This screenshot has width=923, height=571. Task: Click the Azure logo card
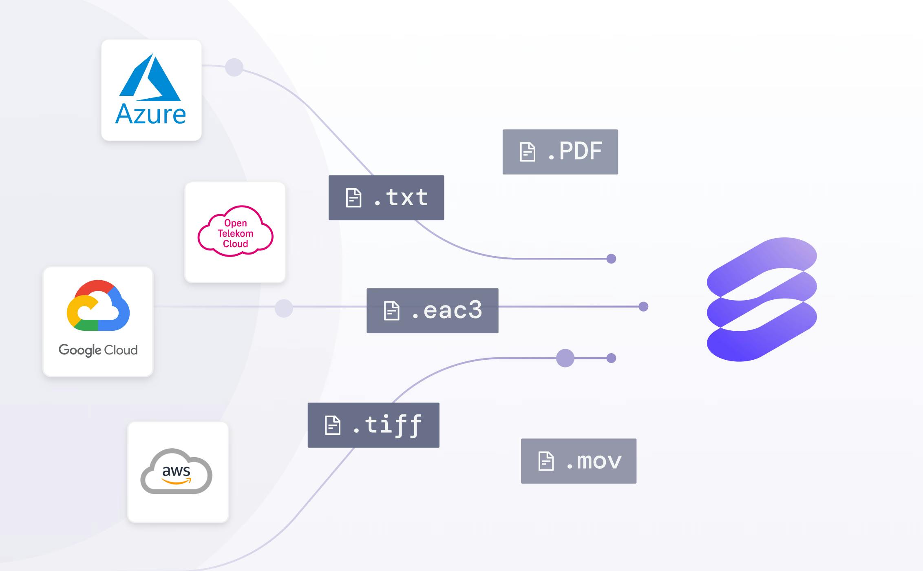[151, 90]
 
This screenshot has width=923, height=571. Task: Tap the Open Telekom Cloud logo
[235, 232]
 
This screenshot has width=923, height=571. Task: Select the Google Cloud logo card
[98, 321]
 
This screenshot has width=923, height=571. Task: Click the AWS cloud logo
[177, 471]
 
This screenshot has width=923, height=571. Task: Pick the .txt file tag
[386, 198]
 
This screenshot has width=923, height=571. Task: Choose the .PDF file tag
[560, 152]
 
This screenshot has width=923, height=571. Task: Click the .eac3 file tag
[432, 311]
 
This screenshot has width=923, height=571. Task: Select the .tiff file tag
[373, 425]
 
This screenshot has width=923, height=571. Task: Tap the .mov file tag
[578, 461]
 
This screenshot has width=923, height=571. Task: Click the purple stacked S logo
[762, 299]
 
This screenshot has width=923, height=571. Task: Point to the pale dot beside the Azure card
[234, 67]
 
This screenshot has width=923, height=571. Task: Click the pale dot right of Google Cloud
[284, 308]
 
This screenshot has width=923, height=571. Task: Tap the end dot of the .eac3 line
[643, 306]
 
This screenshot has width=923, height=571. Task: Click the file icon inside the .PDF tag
[528, 152]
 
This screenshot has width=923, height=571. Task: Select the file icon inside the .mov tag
[546, 461]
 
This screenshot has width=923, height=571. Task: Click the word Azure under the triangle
[151, 114]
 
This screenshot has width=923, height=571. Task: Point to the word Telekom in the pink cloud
[235, 233]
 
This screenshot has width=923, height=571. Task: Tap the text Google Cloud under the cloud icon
[98, 350]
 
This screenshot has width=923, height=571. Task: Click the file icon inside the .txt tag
[353, 198]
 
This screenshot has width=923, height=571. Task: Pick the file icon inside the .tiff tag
[332, 425]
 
